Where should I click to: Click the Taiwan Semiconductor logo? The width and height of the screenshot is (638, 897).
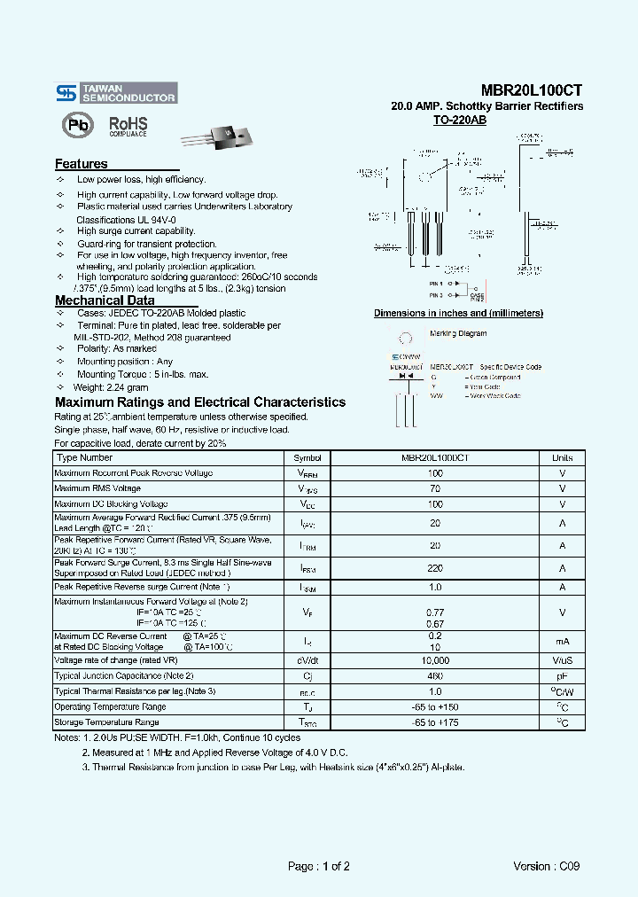[115, 93]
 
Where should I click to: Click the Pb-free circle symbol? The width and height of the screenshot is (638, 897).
[78, 125]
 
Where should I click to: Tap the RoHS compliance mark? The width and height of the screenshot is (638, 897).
[128, 126]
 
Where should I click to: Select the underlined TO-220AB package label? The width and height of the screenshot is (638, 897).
[460, 120]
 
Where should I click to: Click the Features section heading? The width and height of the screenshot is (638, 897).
[82, 164]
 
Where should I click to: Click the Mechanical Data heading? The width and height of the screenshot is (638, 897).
[105, 300]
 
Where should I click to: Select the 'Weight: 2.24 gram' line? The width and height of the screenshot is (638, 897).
[112, 387]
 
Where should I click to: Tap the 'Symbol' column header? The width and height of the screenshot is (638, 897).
[307, 458]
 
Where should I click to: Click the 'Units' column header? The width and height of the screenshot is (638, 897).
[562, 458]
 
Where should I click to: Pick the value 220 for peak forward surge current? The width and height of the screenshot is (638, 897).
[435, 568]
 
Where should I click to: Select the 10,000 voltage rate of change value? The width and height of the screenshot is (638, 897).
[435, 660]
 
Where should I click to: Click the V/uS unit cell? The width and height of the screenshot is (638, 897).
[562, 660]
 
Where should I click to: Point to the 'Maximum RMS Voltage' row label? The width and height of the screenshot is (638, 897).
[97, 488]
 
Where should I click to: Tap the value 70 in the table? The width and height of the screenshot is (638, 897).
[435, 488]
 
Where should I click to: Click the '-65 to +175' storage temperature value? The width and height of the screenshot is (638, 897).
[435, 722]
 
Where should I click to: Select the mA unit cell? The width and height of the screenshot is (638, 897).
[562, 641]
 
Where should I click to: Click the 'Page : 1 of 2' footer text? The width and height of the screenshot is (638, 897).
[319, 866]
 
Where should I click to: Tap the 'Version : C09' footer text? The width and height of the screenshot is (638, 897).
[546, 866]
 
